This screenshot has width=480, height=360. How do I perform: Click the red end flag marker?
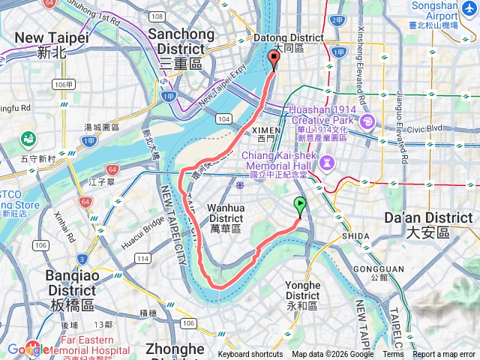coord(273,60)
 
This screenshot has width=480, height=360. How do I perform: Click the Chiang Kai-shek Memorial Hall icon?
coord(326,162)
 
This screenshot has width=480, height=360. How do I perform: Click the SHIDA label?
coord(355,235)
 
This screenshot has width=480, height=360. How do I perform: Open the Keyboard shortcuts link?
coord(250,355)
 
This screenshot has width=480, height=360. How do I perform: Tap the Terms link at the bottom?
coord(393,355)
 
